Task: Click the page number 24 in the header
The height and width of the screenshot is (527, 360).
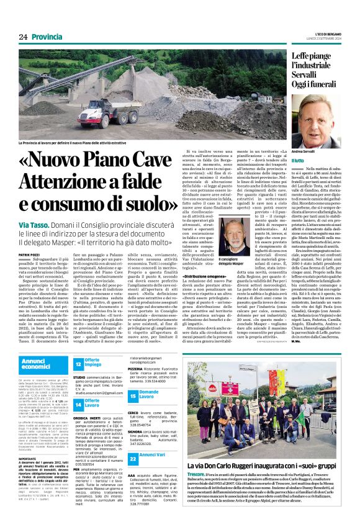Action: point(24,37)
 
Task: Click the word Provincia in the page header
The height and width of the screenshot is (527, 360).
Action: point(48,37)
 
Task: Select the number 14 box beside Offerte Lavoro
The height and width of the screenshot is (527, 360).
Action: point(78,405)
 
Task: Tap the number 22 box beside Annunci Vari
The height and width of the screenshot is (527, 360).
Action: point(133,458)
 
